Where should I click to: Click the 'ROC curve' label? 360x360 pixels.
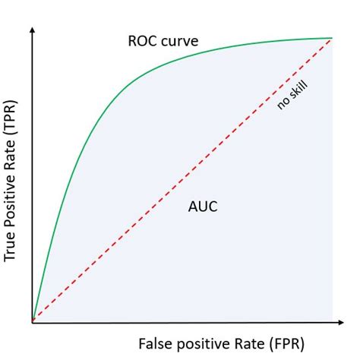point(163,39)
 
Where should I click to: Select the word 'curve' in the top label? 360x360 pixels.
point(181,39)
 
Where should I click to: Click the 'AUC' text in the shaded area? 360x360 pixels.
point(201,206)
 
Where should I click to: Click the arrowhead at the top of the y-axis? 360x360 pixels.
point(33,33)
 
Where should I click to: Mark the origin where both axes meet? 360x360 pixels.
point(33,323)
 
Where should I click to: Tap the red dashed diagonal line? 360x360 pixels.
point(182,180)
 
